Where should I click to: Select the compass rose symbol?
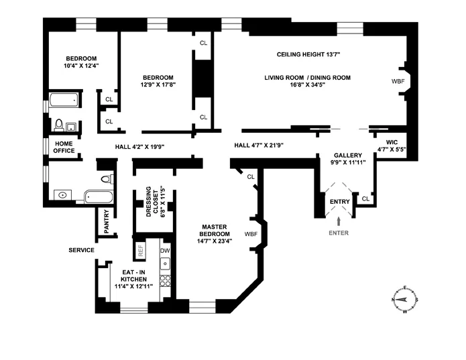click(x=405, y=301)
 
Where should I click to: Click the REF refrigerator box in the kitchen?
click(x=141, y=251)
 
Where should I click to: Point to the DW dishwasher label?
click(x=165, y=250)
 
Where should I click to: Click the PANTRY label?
click(x=106, y=223)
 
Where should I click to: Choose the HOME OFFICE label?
click(x=64, y=147)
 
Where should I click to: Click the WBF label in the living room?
click(x=398, y=81)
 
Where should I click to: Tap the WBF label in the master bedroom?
click(x=251, y=233)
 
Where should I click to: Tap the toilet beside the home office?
click(x=60, y=125)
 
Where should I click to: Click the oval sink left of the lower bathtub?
click(x=62, y=195)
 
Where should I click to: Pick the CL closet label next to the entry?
click(x=365, y=199)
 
